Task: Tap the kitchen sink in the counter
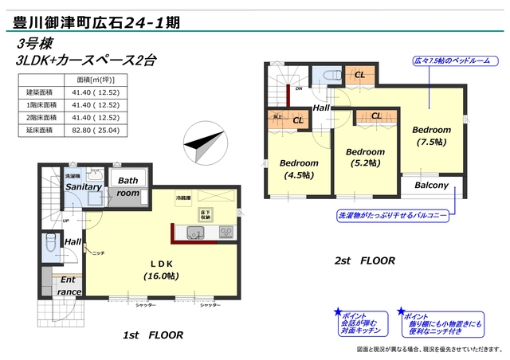(x=196, y=233)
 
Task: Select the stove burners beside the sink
(x=226, y=233)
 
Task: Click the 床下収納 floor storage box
(x=205, y=213)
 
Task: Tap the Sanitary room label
(x=83, y=186)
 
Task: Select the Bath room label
(x=127, y=186)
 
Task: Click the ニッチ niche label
(x=98, y=252)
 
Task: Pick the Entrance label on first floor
(x=69, y=286)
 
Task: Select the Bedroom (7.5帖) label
(x=431, y=135)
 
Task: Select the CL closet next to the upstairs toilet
(x=359, y=74)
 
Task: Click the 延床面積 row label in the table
(x=39, y=129)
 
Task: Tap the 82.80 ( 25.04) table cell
(x=96, y=129)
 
